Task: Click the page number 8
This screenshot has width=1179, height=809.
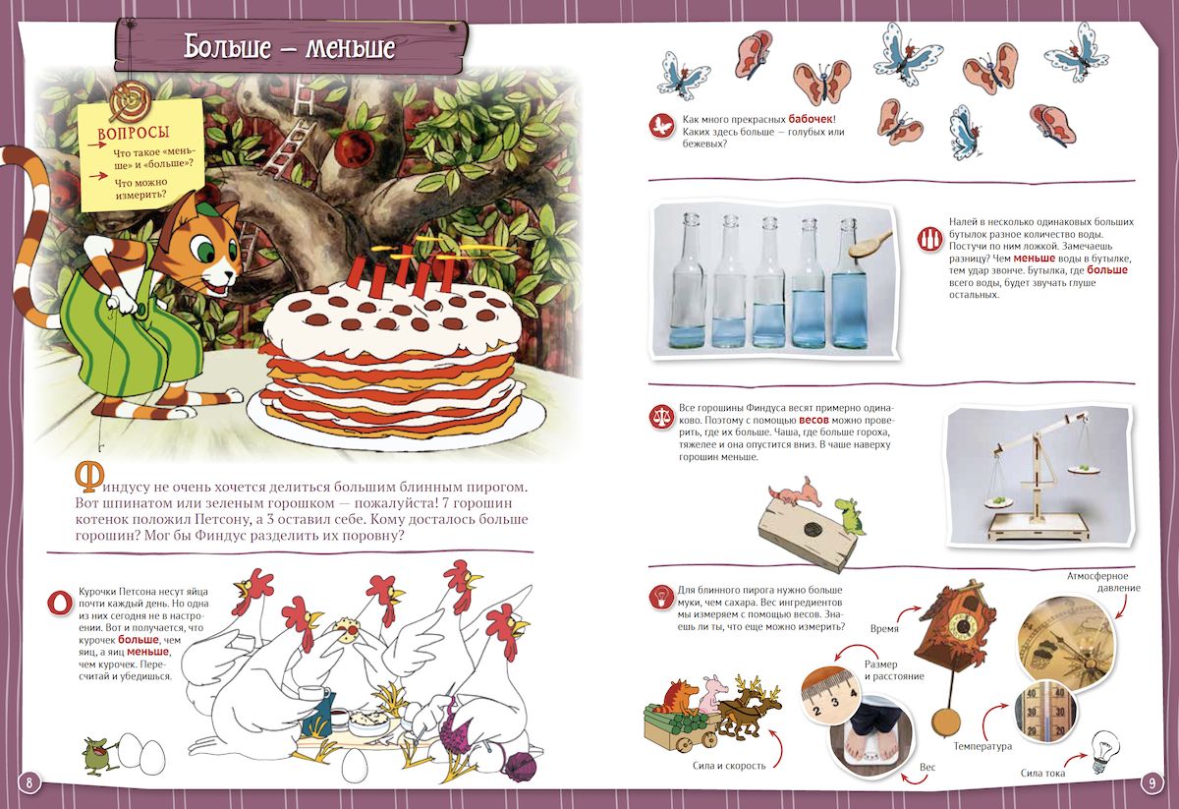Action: (28, 782)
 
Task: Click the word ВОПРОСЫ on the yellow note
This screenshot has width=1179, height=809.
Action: (134, 134)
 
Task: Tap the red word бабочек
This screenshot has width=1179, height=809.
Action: (811, 120)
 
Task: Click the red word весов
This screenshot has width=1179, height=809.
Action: (814, 420)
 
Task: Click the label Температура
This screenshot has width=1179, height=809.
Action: (982, 746)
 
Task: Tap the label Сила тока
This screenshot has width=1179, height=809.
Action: (1042, 774)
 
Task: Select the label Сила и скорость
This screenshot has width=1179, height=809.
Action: (729, 766)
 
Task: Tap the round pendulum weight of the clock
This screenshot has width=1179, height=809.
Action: (946, 722)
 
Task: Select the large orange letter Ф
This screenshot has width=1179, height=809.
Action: (88, 477)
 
